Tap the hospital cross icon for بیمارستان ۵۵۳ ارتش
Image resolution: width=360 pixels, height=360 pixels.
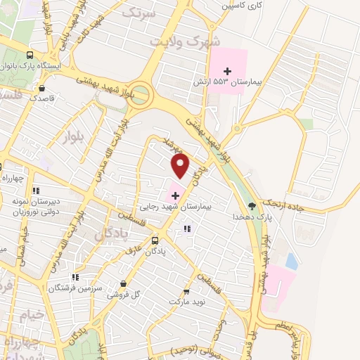tap(227, 71)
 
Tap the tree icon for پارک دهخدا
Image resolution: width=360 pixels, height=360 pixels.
tap(252, 206)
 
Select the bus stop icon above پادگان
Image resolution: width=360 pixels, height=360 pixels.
tap(154, 240)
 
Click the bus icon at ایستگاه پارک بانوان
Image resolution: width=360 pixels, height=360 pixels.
tap(30, 54)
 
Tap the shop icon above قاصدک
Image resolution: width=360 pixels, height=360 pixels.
tap(42, 89)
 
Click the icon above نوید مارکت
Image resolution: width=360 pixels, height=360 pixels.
tap(186, 291)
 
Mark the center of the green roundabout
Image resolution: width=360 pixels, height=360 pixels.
tap(141, 94)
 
